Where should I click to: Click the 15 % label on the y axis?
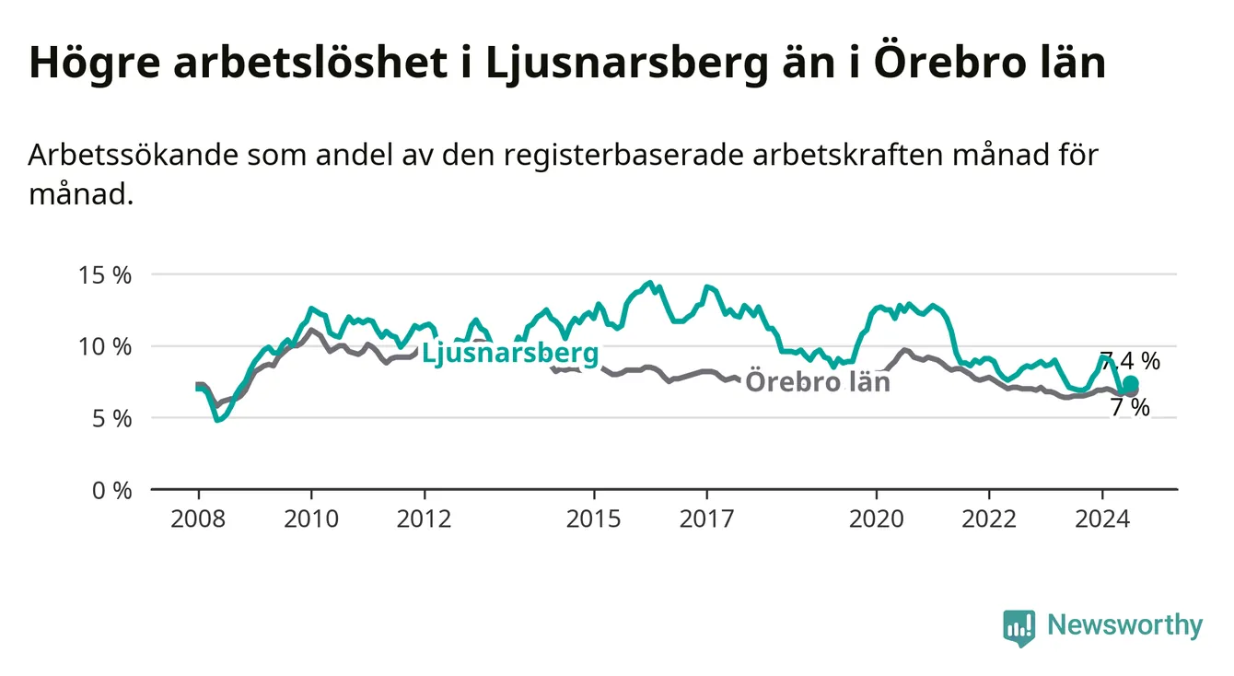pos(105,275)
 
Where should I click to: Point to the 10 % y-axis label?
pos(105,347)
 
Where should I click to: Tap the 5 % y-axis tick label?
pos(111,419)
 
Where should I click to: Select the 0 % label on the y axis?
pos(111,491)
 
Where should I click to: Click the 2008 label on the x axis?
pos(198,519)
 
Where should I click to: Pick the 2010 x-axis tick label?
pos(311,519)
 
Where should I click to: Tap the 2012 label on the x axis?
pos(425,519)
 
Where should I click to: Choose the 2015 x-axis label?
pos(594,519)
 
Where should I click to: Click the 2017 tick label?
pos(707,519)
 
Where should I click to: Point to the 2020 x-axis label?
pos(877,519)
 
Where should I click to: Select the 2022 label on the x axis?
pos(989,519)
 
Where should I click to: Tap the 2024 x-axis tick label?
pos(1102,519)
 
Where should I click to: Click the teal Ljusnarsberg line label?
pos(510,353)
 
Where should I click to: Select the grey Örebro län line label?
pos(818,381)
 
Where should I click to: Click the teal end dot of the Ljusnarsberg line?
pos(1131,383)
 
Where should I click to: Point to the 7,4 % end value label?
pos(1130,361)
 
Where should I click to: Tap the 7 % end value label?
pos(1130,408)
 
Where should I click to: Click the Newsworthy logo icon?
pos(1019,628)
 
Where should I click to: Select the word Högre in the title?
pos(95,64)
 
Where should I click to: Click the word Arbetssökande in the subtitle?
pos(134,155)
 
